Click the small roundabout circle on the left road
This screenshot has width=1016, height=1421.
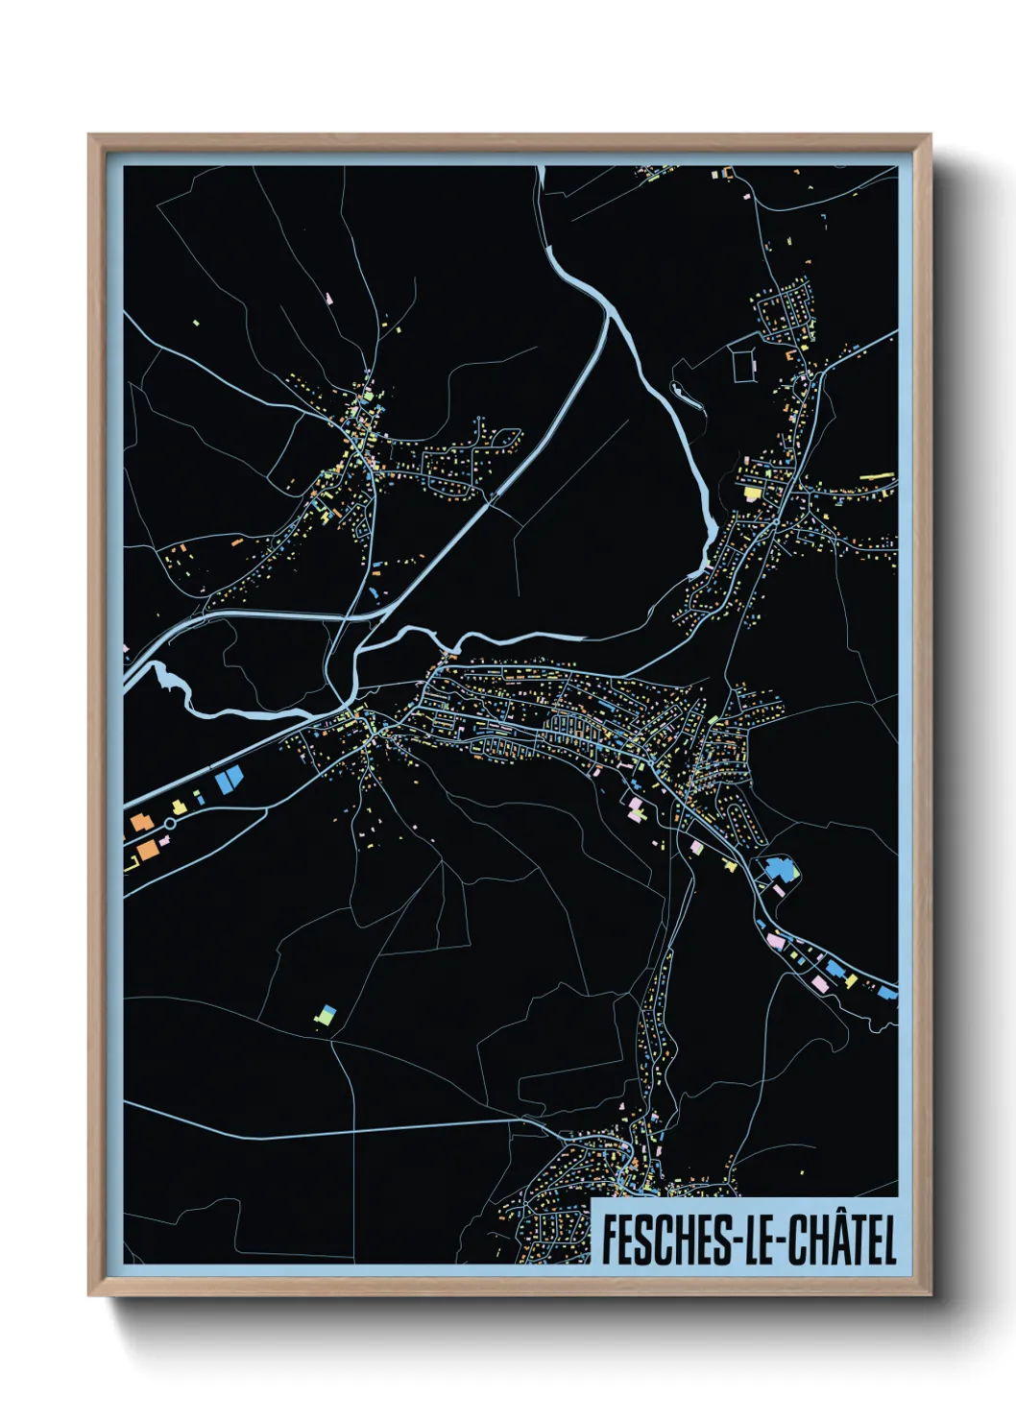click(170, 824)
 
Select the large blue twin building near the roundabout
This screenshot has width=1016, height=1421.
click(227, 780)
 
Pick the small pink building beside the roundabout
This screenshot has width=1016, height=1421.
click(164, 840)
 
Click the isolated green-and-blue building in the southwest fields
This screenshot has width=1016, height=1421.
click(327, 1015)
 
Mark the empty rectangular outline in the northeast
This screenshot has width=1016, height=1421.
click(745, 366)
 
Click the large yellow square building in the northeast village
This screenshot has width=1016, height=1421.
click(751, 493)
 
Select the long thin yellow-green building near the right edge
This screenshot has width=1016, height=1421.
click(877, 475)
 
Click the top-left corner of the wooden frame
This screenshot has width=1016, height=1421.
click(89, 135)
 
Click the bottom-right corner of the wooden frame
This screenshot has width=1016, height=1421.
click(930, 1295)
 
